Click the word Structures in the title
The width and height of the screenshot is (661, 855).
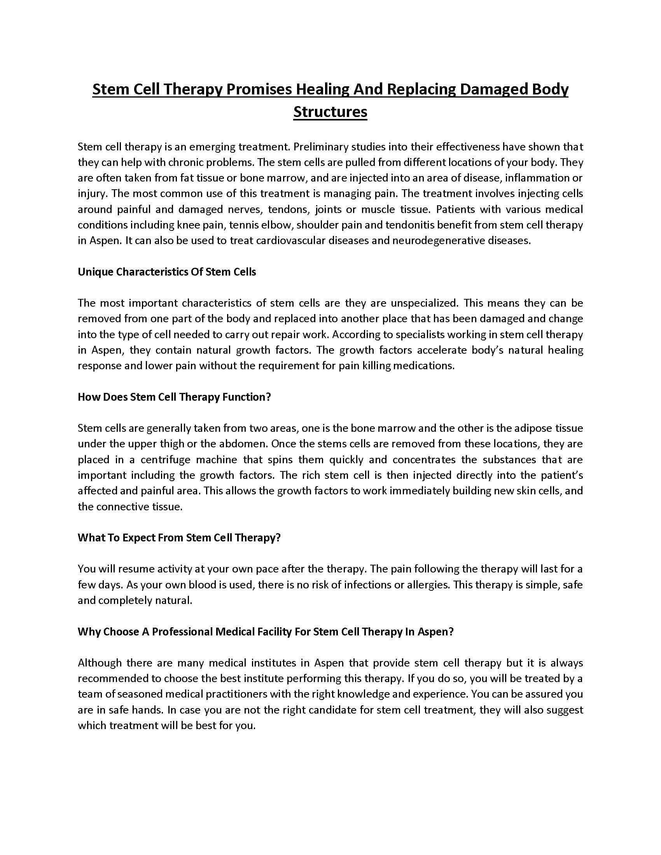[x=330, y=112]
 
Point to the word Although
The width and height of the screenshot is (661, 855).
[x=100, y=663]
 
